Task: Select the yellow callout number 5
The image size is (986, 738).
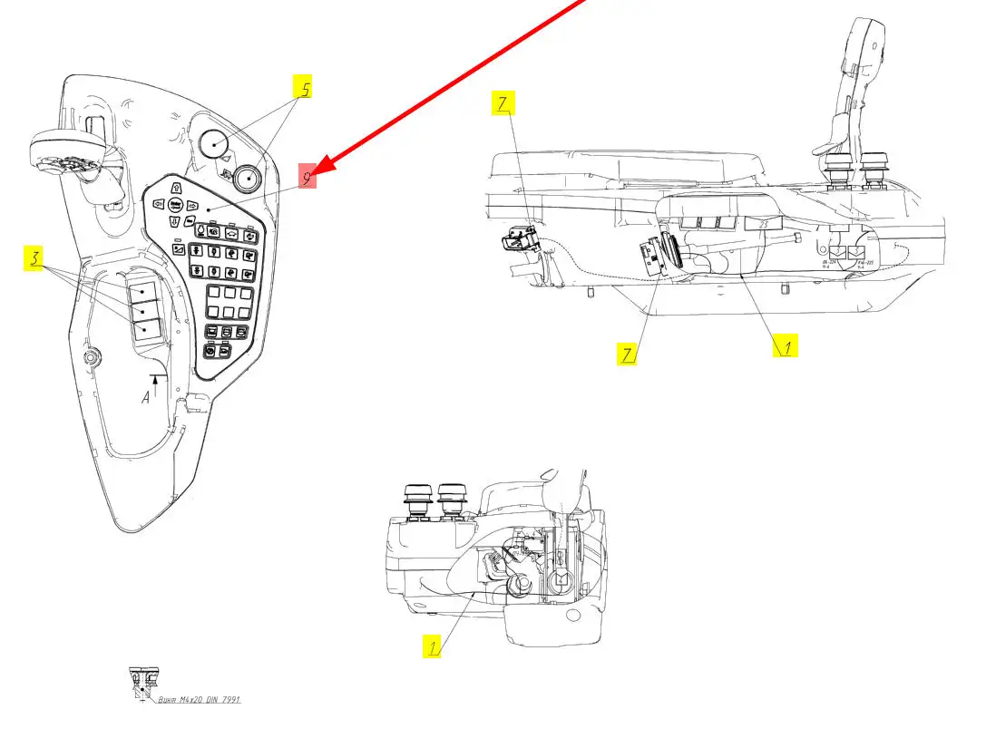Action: coord(305,89)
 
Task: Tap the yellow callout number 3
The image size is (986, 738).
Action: coord(34,258)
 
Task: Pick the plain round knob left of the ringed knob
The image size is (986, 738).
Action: coord(214,143)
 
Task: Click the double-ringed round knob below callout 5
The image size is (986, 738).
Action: coord(246,178)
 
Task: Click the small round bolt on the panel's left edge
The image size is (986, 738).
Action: coord(90,357)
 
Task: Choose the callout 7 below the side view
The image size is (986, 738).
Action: coord(627,354)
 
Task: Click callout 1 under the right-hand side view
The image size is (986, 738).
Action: coord(786,345)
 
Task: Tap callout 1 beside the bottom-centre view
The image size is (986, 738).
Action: coord(434,646)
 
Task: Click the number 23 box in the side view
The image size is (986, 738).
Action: coord(763,222)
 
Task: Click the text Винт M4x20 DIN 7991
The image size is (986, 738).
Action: coord(199,700)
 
